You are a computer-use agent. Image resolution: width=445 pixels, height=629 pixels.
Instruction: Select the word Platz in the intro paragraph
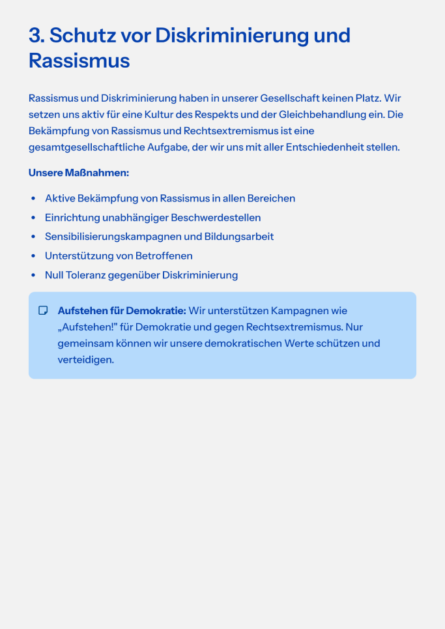point(366,98)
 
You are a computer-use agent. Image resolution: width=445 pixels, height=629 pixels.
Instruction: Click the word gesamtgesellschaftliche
point(87,147)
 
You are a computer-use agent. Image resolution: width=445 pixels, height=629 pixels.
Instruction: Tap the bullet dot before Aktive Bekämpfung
point(33,199)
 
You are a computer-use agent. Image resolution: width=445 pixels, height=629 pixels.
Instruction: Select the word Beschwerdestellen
point(216,218)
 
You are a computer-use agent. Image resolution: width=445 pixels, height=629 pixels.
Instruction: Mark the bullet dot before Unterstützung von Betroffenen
point(33,256)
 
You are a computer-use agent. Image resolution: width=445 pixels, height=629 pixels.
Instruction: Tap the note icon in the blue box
point(44,311)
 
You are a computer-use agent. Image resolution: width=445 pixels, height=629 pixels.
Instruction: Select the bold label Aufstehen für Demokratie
point(122,311)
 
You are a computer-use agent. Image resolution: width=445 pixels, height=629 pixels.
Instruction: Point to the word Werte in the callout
point(300,344)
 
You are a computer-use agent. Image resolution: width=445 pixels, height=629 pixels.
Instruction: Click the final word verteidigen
point(85,360)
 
